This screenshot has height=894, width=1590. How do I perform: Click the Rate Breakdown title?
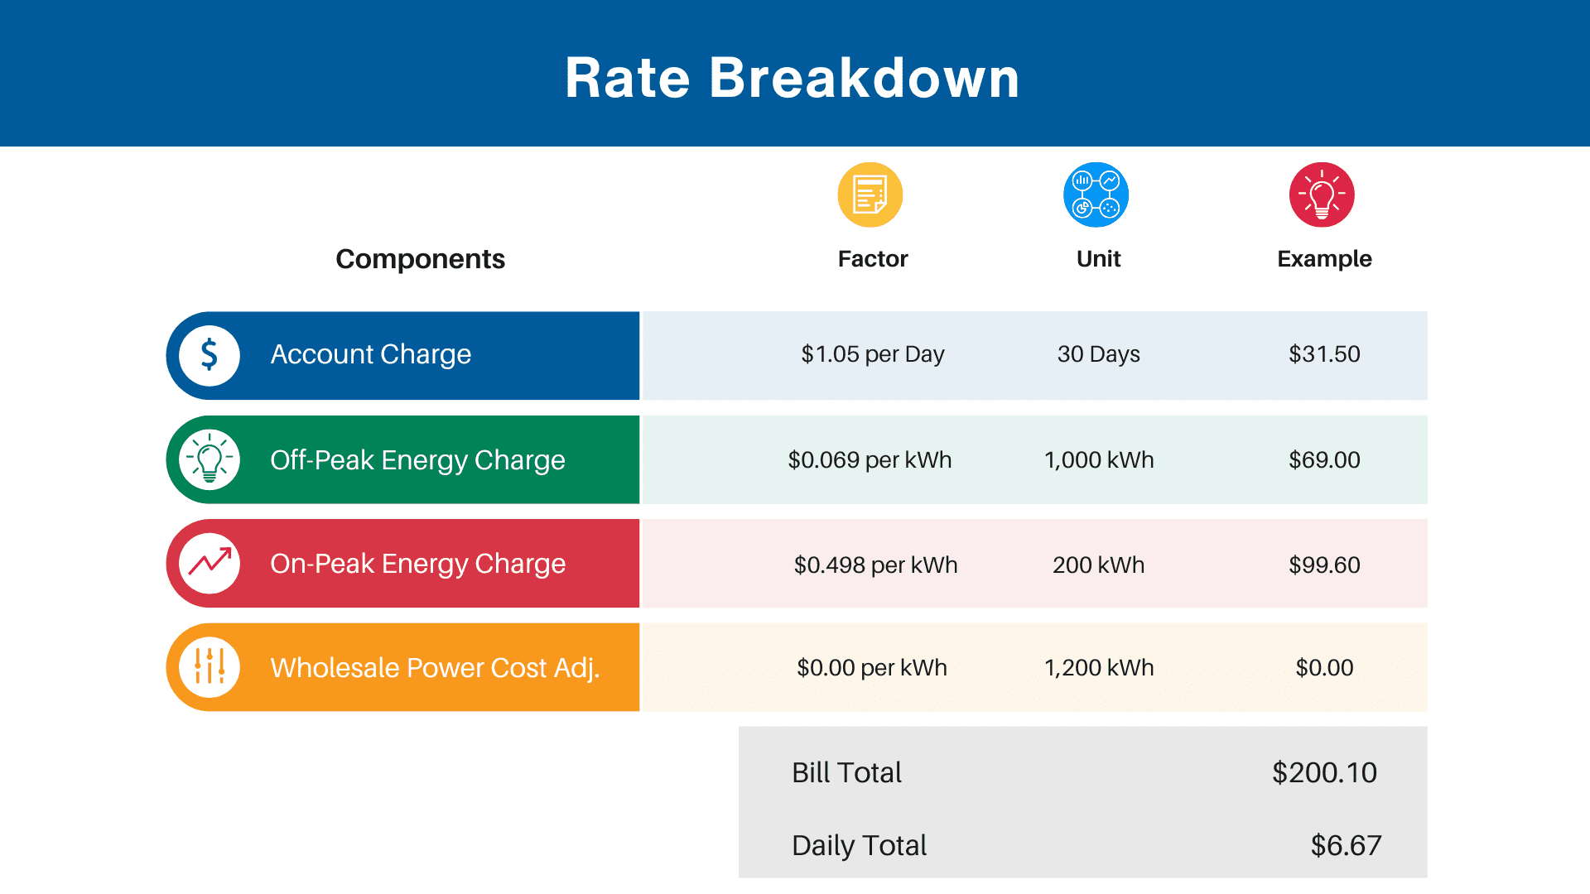click(x=793, y=78)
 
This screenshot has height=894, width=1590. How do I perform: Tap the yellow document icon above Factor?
click(x=870, y=195)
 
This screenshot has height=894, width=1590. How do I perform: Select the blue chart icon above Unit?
click(x=1096, y=195)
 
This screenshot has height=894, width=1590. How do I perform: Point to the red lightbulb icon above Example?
click(x=1322, y=195)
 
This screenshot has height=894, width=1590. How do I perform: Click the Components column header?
click(x=420, y=259)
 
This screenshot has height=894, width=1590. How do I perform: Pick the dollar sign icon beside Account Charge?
click(x=210, y=355)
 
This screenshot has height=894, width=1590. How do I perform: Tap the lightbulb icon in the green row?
click(x=210, y=459)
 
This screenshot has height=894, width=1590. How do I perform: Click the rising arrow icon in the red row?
click(x=210, y=563)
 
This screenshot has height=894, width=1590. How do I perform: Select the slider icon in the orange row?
click(x=210, y=666)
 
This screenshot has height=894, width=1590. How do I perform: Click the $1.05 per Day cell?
click(x=873, y=354)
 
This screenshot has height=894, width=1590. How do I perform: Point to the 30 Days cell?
click(x=1099, y=354)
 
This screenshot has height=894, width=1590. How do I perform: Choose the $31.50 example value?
click(x=1324, y=354)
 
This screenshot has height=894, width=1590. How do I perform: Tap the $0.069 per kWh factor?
click(x=870, y=459)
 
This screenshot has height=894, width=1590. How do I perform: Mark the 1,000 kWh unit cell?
click(x=1099, y=459)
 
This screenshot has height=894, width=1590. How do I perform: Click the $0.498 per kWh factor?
click(x=875, y=565)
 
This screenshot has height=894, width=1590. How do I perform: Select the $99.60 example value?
click(x=1324, y=565)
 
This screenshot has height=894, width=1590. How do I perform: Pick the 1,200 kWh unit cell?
click(x=1099, y=667)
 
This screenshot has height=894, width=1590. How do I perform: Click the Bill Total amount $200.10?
click(x=1324, y=772)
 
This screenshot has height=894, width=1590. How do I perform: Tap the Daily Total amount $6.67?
click(x=1346, y=845)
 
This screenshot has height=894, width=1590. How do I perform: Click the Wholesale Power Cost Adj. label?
click(x=435, y=667)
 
